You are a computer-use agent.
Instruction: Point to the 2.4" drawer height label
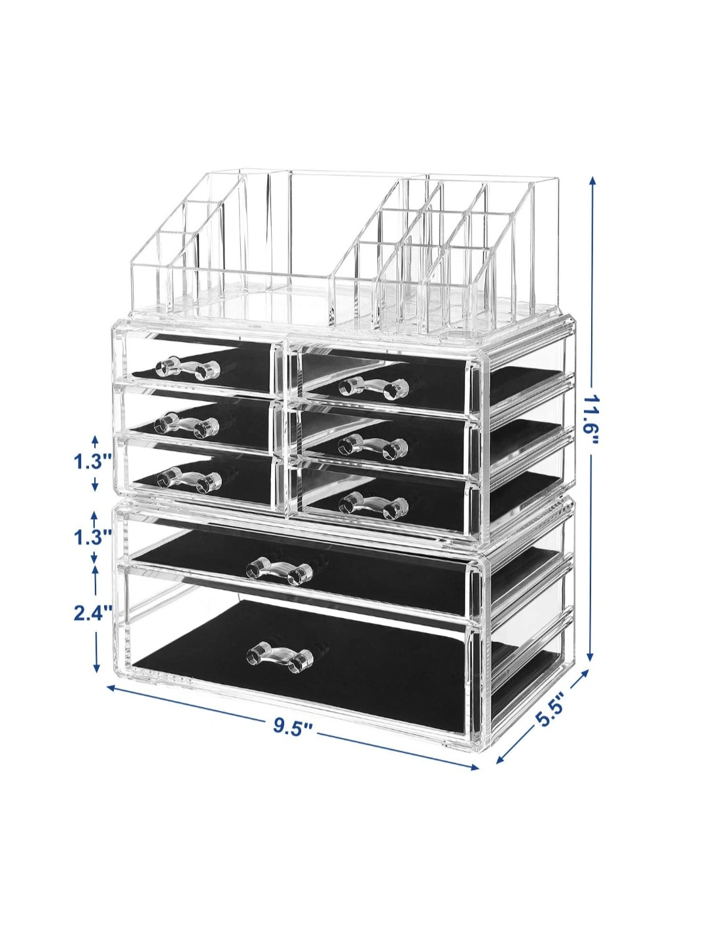click(x=93, y=612)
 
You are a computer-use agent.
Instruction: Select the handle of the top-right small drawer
click(x=373, y=388)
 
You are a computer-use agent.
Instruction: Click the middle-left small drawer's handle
click(x=187, y=425)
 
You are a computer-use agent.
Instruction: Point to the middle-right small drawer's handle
click(x=373, y=446)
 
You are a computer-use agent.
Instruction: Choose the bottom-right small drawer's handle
click(x=373, y=506)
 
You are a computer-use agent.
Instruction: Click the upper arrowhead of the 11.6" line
click(x=592, y=181)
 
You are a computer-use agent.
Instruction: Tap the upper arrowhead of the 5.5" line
click(x=585, y=685)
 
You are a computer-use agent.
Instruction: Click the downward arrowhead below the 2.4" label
click(x=97, y=678)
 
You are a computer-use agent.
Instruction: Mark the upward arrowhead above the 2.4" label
click(x=96, y=570)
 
